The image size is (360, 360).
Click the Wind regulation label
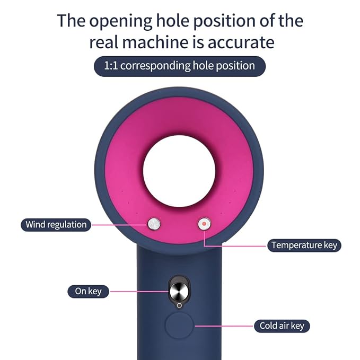click(56, 225)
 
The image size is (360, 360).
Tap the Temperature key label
click(304, 245)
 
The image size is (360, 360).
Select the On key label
click(88, 292)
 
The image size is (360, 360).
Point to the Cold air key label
click(282, 326)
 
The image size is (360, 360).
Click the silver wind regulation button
click(154, 224)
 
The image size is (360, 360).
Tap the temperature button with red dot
click(204, 224)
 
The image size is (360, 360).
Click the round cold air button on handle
click(179, 325)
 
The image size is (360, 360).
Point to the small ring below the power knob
click(179, 305)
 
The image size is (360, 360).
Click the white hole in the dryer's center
click(179, 171)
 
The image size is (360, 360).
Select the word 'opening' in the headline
click(120, 21)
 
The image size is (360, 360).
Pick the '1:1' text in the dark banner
click(111, 66)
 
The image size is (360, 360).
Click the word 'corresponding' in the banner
click(155, 66)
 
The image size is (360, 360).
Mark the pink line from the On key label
click(139, 292)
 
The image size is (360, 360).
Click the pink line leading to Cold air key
click(224, 326)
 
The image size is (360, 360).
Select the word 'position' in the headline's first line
click(224, 21)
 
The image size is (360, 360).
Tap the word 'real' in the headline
click(103, 42)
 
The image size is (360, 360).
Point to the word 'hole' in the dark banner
click(203, 66)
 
